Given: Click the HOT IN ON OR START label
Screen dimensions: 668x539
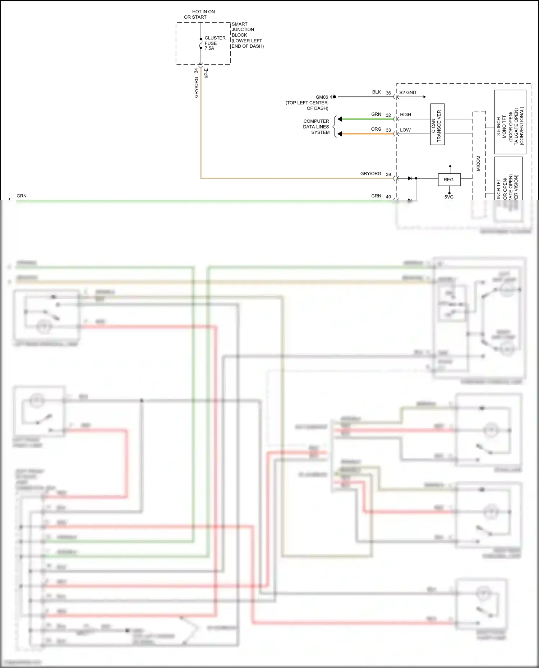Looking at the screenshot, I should point(200,14).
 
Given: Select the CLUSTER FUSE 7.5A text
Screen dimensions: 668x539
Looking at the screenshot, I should point(215,43).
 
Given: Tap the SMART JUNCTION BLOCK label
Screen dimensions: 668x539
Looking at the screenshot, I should point(247,35).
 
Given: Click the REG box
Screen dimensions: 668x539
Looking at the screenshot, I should point(449,179).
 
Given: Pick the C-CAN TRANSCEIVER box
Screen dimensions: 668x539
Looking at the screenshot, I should point(437,124).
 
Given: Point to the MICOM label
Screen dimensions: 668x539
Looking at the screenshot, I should point(478,163).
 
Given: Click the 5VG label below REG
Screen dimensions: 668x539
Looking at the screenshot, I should point(449,197).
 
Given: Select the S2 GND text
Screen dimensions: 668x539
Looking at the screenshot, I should point(407,92).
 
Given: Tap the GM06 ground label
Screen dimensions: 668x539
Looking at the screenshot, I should point(322,97).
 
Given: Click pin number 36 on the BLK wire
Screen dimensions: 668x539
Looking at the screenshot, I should point(388,93).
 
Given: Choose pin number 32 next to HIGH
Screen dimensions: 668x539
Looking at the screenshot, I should point(388,115).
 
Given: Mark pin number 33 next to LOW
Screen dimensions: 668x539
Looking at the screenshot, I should point(388,130).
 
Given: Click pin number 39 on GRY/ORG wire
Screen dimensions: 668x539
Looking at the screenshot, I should point(388,174).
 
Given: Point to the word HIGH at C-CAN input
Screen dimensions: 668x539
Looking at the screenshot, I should point(405,115).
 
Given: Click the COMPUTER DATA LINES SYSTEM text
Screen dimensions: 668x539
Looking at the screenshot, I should point(316,127).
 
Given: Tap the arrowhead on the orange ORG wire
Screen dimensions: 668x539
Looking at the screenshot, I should point(340,134).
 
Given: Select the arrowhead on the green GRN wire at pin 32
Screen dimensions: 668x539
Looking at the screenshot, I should point(340,119).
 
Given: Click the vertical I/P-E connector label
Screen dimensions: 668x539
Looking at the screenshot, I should point(206,73).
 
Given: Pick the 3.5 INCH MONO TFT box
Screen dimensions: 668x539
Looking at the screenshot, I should point(510,122).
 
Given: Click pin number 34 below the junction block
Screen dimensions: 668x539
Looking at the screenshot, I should point(196,71).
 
